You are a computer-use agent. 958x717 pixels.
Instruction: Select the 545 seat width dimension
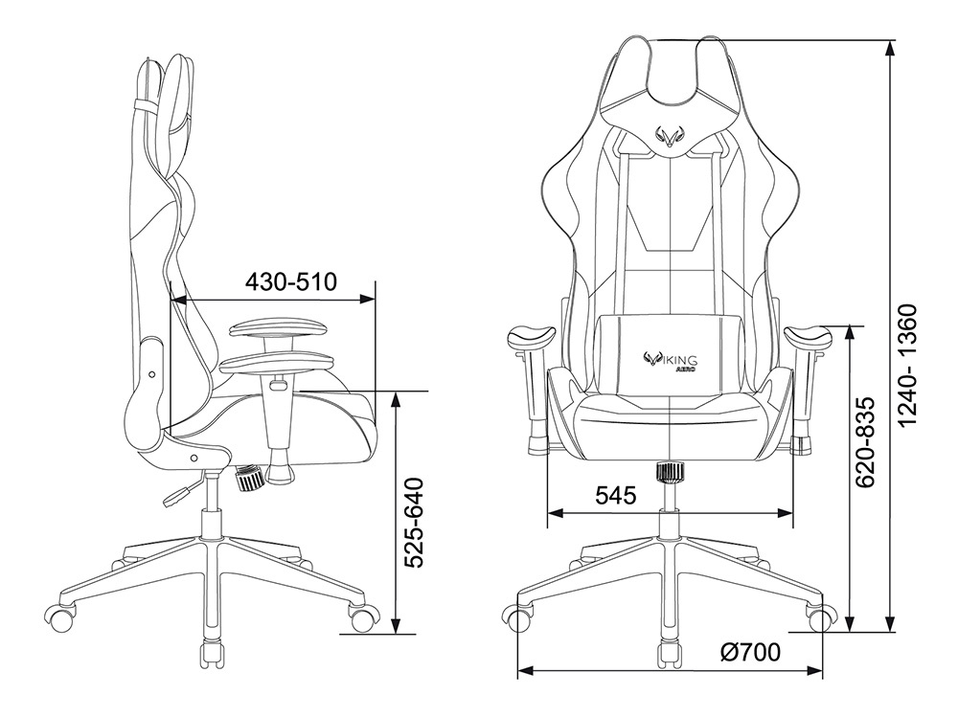[x=616, y=496]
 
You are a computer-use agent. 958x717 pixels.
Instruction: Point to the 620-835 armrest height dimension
[x=864, y=442]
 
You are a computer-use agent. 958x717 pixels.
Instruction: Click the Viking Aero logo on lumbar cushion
[x=671, y=361]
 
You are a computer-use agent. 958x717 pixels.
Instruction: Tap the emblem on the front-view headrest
[x=671, y=138]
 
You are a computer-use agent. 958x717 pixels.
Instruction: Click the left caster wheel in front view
[x=519, y=618]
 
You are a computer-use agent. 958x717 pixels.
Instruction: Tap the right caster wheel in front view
[x=821, y=618]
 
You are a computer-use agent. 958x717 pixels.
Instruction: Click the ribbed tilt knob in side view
[x=250, y=477]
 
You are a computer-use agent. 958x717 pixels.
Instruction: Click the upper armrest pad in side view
[x=279, y=329]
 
